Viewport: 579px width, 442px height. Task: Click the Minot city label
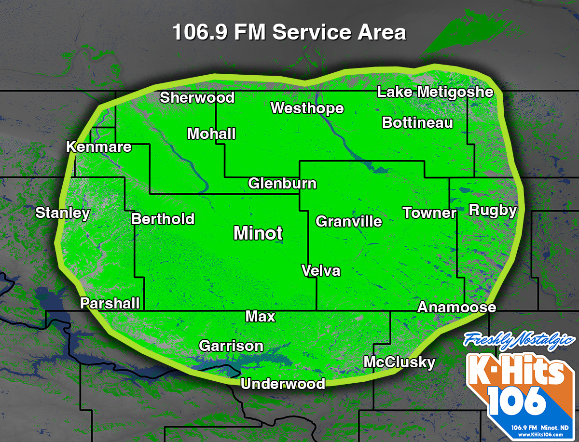[x=258, y=233]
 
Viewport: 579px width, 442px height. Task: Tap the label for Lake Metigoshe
[x=435, y=92]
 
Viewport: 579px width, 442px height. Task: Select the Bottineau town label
[x=417, y=122]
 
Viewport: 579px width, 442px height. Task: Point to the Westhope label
[x=307, y=108]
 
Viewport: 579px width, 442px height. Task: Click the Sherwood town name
[x=197, y=97]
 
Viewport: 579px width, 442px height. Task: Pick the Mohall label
[x=211, y=134]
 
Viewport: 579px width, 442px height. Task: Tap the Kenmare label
[x=99, y=147]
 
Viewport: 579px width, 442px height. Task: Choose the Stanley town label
[x=63, y=213]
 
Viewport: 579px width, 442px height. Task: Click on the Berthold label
[x=163, y=219]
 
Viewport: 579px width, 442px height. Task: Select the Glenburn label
[x=282, y=183]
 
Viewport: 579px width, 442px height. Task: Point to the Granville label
[x=349, y=221]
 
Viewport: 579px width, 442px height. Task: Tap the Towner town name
[x=429, y=213]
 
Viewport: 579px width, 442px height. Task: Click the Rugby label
[x=493, y=210]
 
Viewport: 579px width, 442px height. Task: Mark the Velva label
[x=321, y=271]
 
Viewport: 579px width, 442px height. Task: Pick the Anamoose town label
[x=456, y=307]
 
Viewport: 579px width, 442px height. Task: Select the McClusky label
[x=400, y=362]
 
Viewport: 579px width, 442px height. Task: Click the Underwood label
[x=283, y=384]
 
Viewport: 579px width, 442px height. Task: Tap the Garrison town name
[x=231, y=346]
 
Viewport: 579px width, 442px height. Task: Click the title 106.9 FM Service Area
[x=289, y=33]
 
